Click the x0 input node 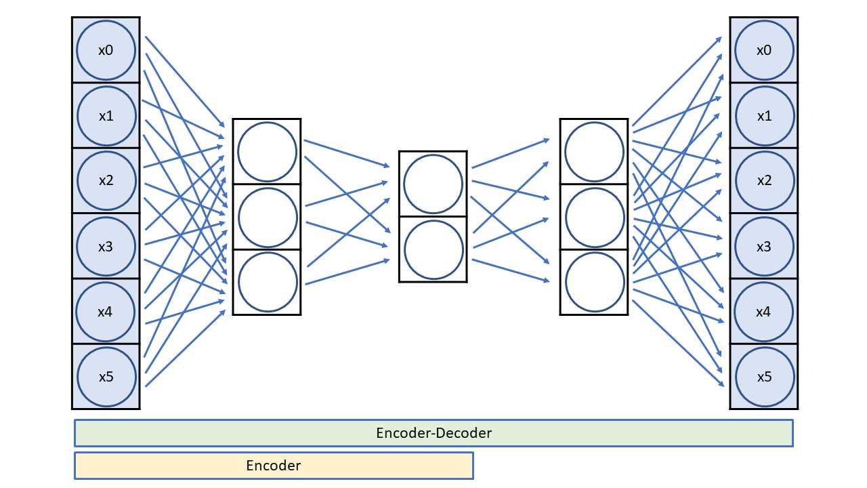pos(106,50)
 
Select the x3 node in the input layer pos(106,247)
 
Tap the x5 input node pos(106,377)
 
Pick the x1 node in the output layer pos(763,116)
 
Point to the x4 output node pos(763,312)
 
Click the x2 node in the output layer pos(763,181)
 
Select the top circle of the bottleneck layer pos(433,184)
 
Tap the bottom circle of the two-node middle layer pos(433,249)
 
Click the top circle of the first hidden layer pos(267,152)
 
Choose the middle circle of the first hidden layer pos(267,217)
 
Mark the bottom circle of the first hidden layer pos(267,282)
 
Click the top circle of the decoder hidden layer pos(594,152)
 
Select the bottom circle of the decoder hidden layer pos(594,282)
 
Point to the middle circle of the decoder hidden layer pos(594,217)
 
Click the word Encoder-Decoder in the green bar pos(433,432)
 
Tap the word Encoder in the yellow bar pos(273,466)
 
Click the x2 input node pos(106,181)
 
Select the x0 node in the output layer pos(763,50)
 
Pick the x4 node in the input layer pos(106,312)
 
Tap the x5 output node pos(763,377)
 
